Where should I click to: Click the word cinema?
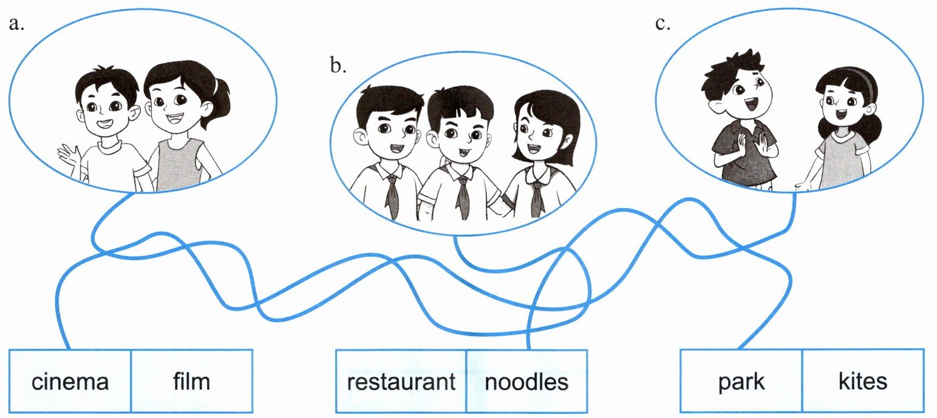pos(70,382)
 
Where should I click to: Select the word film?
pos(191,382)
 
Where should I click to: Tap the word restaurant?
pos(401,382)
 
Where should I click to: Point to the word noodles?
pos(526,382)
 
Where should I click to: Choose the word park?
pos(741,382)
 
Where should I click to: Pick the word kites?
pos(862,382)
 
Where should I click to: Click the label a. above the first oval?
pos(16,24)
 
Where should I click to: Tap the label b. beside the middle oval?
pos(338,65)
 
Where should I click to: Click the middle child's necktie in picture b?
pos(463,195)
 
